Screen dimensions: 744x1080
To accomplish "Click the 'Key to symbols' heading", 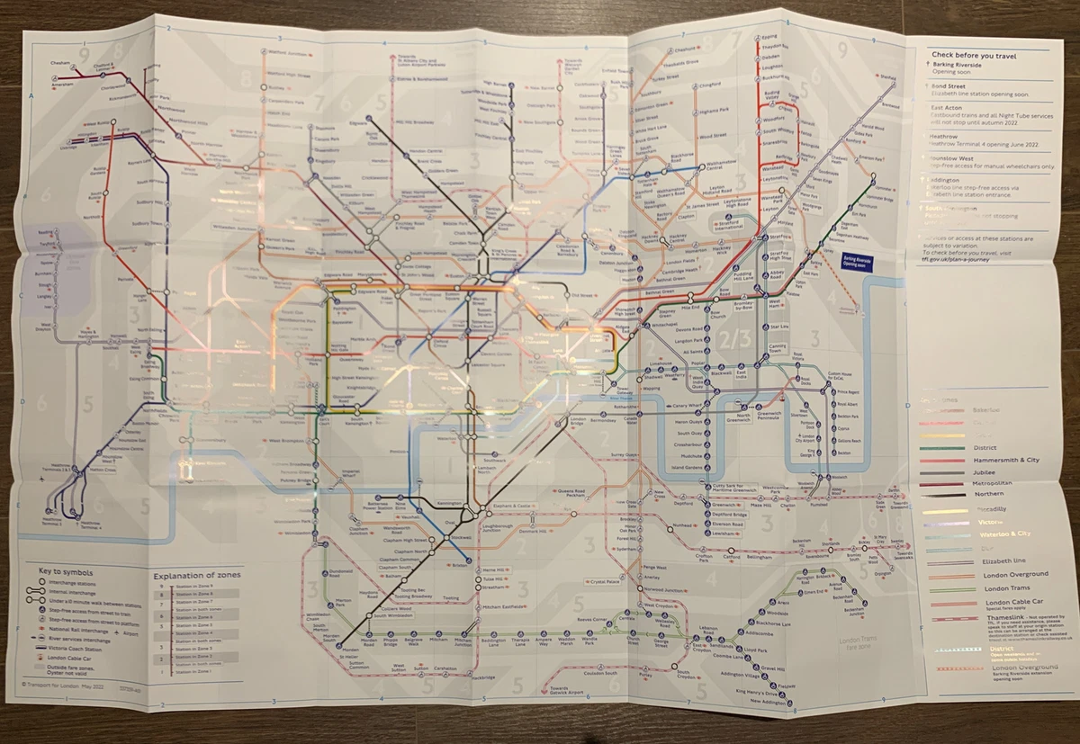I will click(x=67, y=571).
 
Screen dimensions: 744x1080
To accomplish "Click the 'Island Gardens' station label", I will click(x=688, y=466).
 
